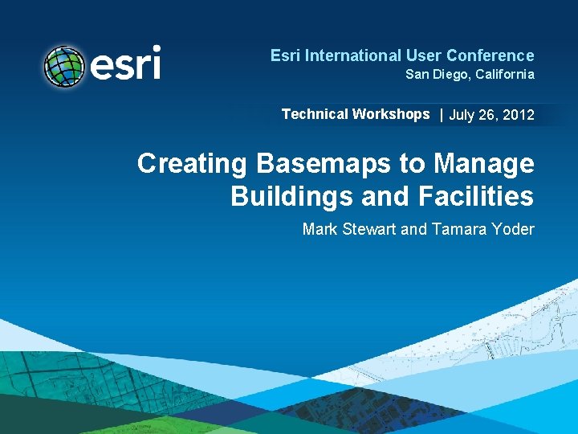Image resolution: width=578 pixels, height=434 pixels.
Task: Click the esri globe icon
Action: (64, 67)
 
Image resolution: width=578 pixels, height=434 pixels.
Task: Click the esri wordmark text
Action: (125, 63)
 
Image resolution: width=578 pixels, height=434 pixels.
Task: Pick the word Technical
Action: (315, 114)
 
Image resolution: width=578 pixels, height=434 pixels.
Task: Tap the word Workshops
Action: (390, 114)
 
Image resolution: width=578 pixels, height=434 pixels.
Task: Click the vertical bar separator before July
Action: (441, 115)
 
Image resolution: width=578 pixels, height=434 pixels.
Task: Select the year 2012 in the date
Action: (519, 115)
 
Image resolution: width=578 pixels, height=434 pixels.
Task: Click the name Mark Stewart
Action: (349, 230)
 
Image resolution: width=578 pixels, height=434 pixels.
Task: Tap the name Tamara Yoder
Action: (482, 230)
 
